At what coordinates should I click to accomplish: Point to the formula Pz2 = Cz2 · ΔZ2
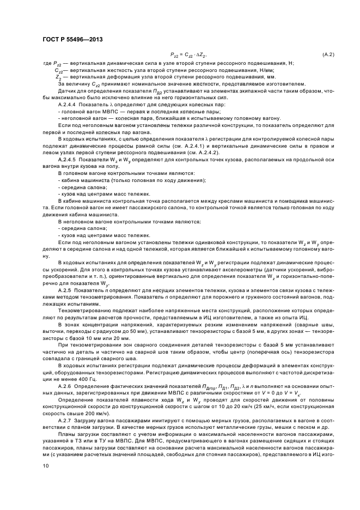[x=189, y=55]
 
